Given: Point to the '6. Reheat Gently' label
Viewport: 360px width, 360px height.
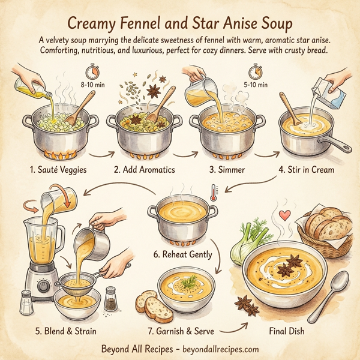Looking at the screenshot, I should (182, 254).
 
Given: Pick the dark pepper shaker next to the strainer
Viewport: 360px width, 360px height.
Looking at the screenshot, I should (110, 298).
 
